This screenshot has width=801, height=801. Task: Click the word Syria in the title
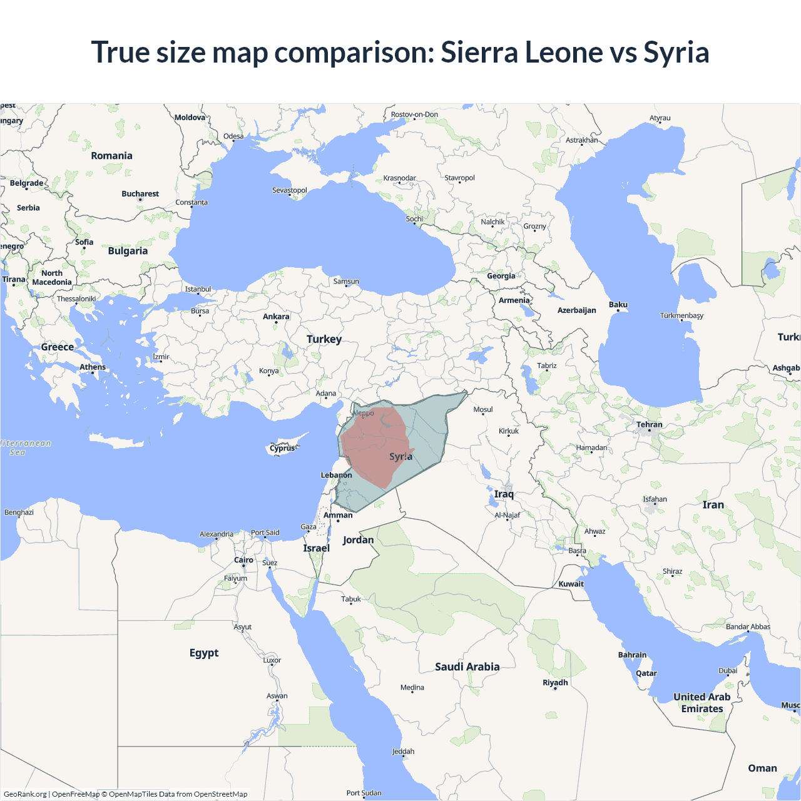tap(676, 53)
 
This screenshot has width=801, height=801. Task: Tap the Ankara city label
tap(276, 317)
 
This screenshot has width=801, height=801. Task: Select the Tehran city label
tap(649, 425)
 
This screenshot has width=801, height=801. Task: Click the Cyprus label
tap(282, 448)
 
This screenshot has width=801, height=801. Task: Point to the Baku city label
tap(618, 305)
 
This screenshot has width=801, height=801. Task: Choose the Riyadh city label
tap(555, 683)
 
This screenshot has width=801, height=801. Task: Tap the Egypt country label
tap(204, 653)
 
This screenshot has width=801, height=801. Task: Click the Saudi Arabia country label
tap(467, 667)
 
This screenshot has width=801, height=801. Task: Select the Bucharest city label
tap(140, 194)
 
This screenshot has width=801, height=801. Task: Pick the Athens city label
tap(93, 367)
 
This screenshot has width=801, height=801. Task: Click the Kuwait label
tap(571, 584)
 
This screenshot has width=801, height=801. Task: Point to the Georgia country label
tap(501, 276)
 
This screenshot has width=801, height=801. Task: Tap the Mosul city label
tap(483, 410)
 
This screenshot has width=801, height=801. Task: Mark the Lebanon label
tap(337, 476)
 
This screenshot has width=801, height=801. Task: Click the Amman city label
tap(338, 516)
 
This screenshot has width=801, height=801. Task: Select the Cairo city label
tap(243, 560)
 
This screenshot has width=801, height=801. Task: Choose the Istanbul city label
tap(198, 289)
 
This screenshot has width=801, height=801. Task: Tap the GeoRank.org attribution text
tap(25, 794)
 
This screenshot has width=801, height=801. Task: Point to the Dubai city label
tap(728, 671)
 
